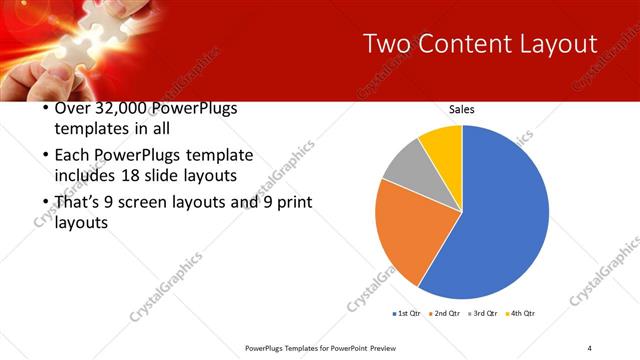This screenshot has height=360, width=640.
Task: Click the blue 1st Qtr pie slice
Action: point(500,220)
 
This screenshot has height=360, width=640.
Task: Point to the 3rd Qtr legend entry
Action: point(482,313)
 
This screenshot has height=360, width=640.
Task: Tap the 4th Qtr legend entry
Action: point(521,313)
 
